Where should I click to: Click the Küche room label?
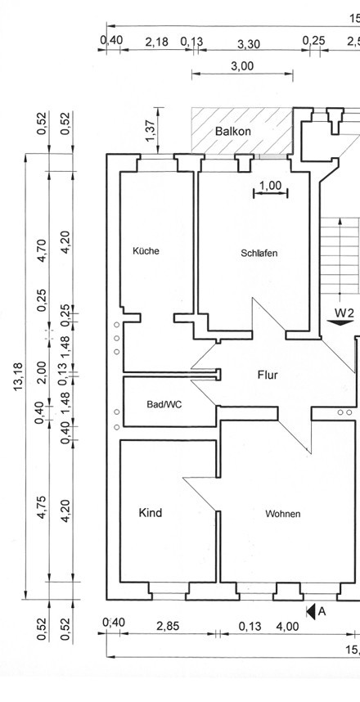pos(146,250)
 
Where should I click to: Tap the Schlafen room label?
pos(259,253)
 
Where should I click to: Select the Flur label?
pos(268,376)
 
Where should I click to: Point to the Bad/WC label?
pos(164,404)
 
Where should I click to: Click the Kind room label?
pos(151,513)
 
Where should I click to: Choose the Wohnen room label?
pos(282,514)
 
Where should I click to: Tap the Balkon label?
pos(233,132)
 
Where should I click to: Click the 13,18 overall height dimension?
pos(18,376)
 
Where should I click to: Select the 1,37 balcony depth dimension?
pos(151,131)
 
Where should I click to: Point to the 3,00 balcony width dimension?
pos(242,66)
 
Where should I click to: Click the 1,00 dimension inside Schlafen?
pos(271,186)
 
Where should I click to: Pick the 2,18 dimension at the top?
pos(157,42)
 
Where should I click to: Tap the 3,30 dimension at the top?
pos(249,44)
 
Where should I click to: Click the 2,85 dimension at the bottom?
pos(168,626)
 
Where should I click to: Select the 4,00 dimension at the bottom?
pos(287,627)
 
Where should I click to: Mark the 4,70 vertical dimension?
pos(41,250)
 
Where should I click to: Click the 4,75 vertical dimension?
pos(41,507)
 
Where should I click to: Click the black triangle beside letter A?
pos(311,611)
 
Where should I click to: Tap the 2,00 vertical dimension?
pos(41,372)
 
